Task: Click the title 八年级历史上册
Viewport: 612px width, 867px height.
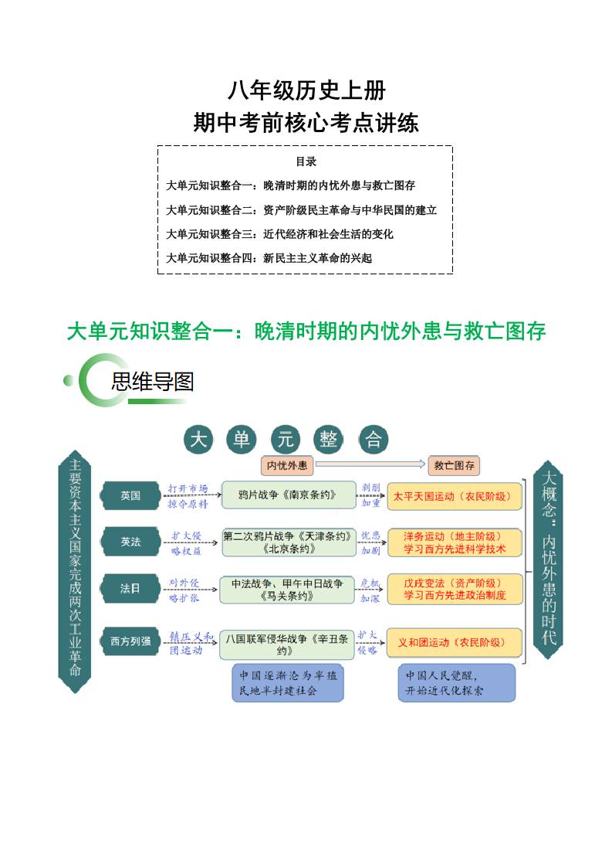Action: click(x=306, y=91)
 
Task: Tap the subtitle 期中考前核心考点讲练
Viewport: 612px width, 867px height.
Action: click(x=306, y=122)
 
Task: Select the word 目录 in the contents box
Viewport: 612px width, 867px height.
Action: click(x=306, y=161)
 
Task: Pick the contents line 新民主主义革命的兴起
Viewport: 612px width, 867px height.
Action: click(x=269, y=257)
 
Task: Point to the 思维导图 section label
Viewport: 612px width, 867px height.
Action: click(x=152, y=381)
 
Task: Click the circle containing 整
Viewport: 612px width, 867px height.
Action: click(x=329, y=440)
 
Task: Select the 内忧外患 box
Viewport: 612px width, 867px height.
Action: click(x=286, y=465)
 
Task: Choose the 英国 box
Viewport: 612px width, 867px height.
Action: click(x=130, y=495)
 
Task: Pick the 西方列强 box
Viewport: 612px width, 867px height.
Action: click(x=130, y=641)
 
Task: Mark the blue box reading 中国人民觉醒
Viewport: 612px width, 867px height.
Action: click(x=457, y=682)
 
